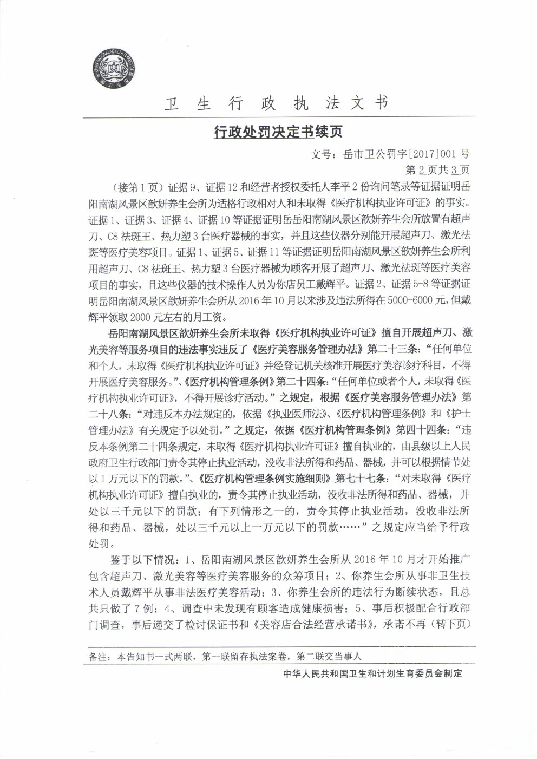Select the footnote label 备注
98,657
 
